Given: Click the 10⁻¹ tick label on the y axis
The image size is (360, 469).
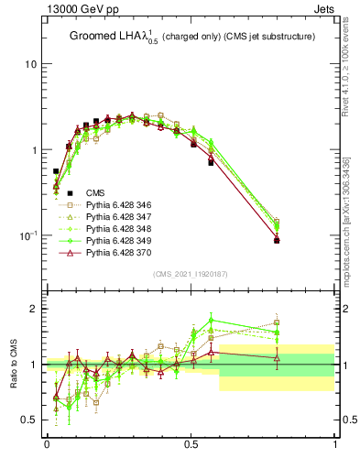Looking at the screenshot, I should coord(27,235).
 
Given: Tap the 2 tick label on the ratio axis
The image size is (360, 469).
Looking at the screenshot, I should coord(35,309).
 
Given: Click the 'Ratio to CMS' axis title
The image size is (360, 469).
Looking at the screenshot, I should coord(14,364).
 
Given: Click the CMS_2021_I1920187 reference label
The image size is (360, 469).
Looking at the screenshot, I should coord(191,274).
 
